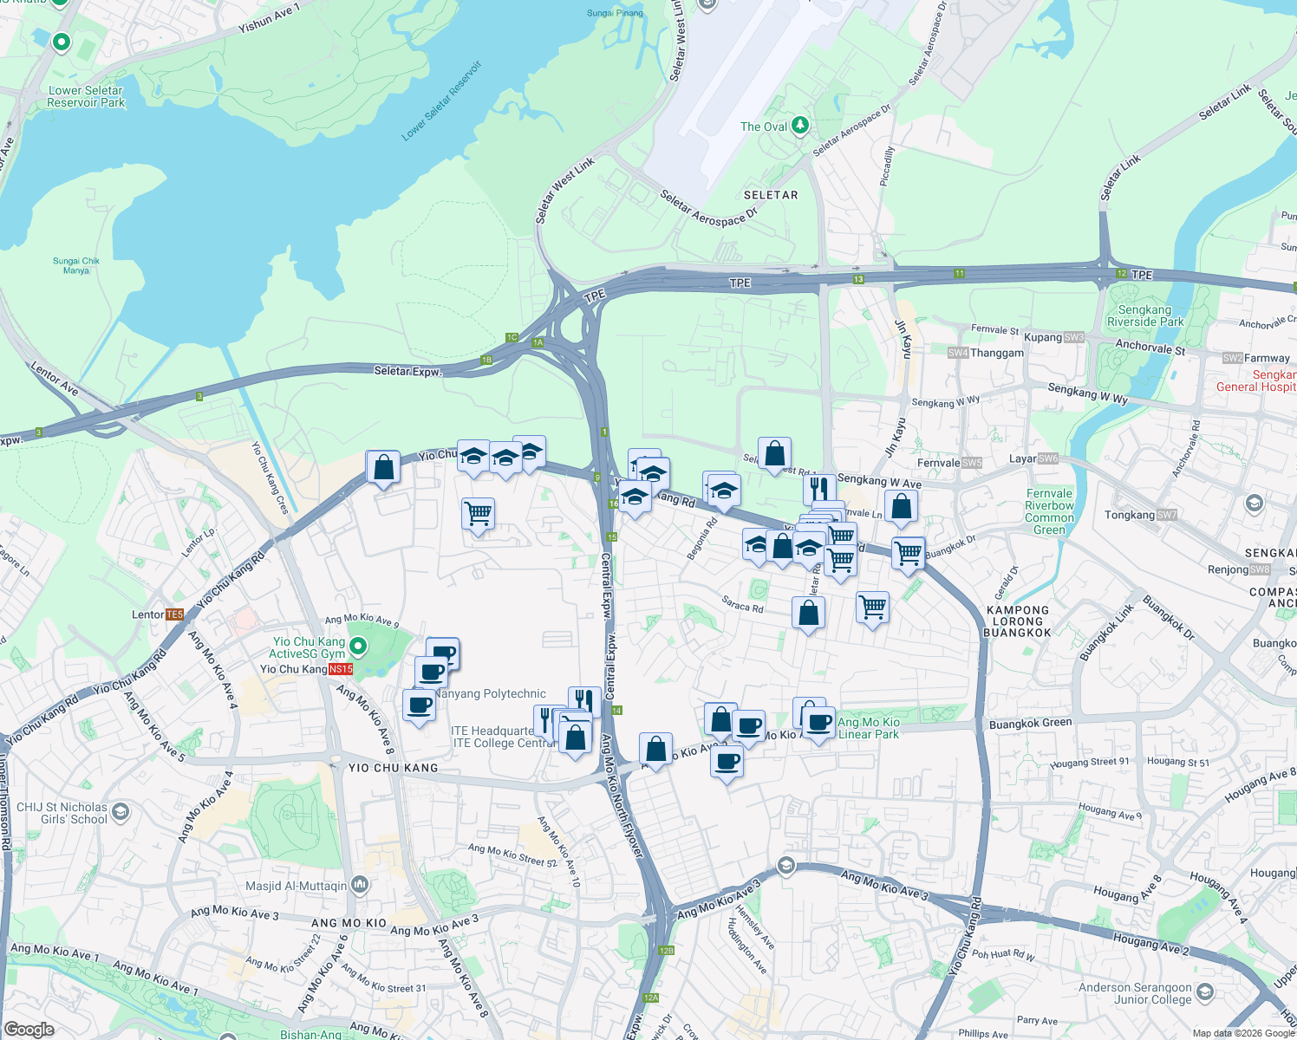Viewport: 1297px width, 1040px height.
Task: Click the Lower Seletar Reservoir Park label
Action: click(86, 96)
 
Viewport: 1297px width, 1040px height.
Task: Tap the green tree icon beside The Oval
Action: click(799, 127)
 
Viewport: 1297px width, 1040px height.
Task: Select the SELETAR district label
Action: click(770, 195)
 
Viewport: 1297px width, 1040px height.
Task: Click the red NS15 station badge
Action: click(342, 669)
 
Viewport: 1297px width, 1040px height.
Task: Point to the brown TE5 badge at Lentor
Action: click(174, 614)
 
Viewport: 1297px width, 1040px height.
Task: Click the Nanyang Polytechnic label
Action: click(491, 693)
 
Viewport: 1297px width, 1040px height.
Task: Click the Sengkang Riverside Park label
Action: click(1144, 315)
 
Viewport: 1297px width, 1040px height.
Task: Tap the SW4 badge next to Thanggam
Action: click(957, 353)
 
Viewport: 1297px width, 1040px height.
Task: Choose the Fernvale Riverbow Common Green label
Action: click(1049, 511)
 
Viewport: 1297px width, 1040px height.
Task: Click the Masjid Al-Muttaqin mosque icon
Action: click(360, 885)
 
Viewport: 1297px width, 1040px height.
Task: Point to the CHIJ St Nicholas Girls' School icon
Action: click(121, 811)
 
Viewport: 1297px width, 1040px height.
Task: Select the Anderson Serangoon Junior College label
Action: click(1135, 993)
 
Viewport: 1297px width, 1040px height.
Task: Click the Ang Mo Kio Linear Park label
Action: click(869, 728)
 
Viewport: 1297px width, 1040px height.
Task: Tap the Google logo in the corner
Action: click(29, 1029)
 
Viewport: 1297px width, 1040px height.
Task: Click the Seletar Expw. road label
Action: click(407, 371)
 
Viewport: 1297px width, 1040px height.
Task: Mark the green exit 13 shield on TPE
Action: click(858, 279)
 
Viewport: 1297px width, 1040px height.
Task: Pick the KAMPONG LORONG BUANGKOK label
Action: click(1017, 621)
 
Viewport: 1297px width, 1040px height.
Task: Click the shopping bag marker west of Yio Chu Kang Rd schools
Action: click(383, 468)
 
